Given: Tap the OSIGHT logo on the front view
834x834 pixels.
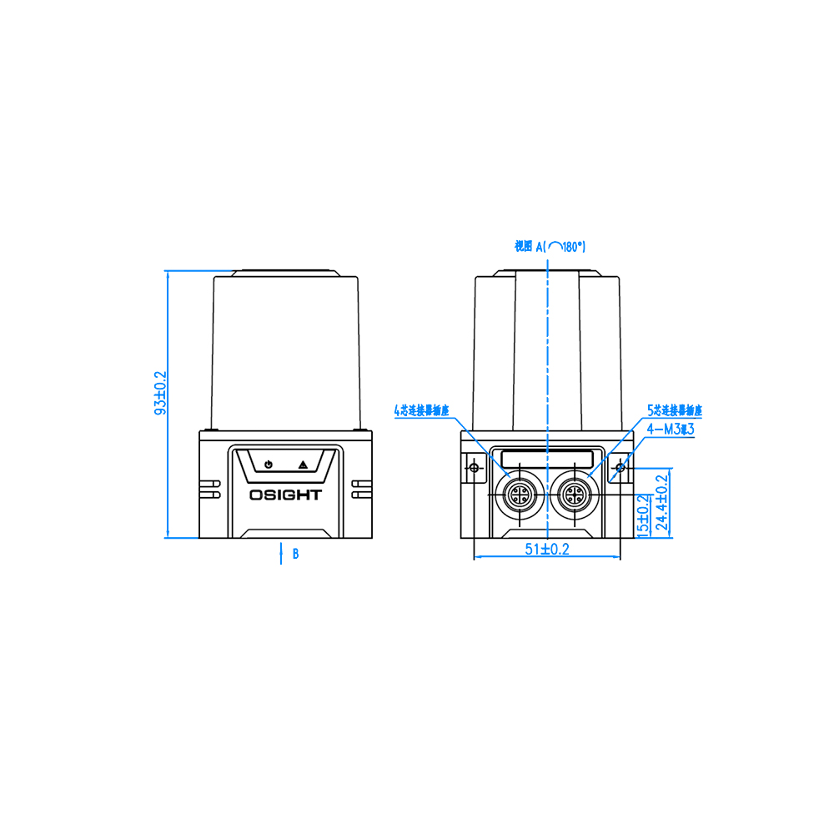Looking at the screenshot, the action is [285, 495].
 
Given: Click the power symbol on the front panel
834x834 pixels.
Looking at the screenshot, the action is [268, 465].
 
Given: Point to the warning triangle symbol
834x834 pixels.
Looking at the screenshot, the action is [303, 465].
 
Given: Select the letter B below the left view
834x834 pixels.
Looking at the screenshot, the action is [295, 554].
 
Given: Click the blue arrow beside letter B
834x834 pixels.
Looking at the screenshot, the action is [280, 553].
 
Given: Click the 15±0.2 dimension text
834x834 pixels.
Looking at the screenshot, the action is [643, 515].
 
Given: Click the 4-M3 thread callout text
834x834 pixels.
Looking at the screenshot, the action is [671, 429].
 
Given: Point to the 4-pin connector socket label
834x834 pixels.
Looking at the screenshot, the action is [421, 410].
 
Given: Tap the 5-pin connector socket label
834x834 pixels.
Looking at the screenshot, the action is [675, 411].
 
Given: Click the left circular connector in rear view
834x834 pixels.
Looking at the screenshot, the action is [518, 496].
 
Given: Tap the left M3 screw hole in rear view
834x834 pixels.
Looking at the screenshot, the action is [475, 469].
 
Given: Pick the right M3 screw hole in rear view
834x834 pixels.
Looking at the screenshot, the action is [619, 469].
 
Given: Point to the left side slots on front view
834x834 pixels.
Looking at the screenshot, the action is [208, 489].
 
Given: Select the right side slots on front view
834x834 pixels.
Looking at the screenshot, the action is [363, 489].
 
